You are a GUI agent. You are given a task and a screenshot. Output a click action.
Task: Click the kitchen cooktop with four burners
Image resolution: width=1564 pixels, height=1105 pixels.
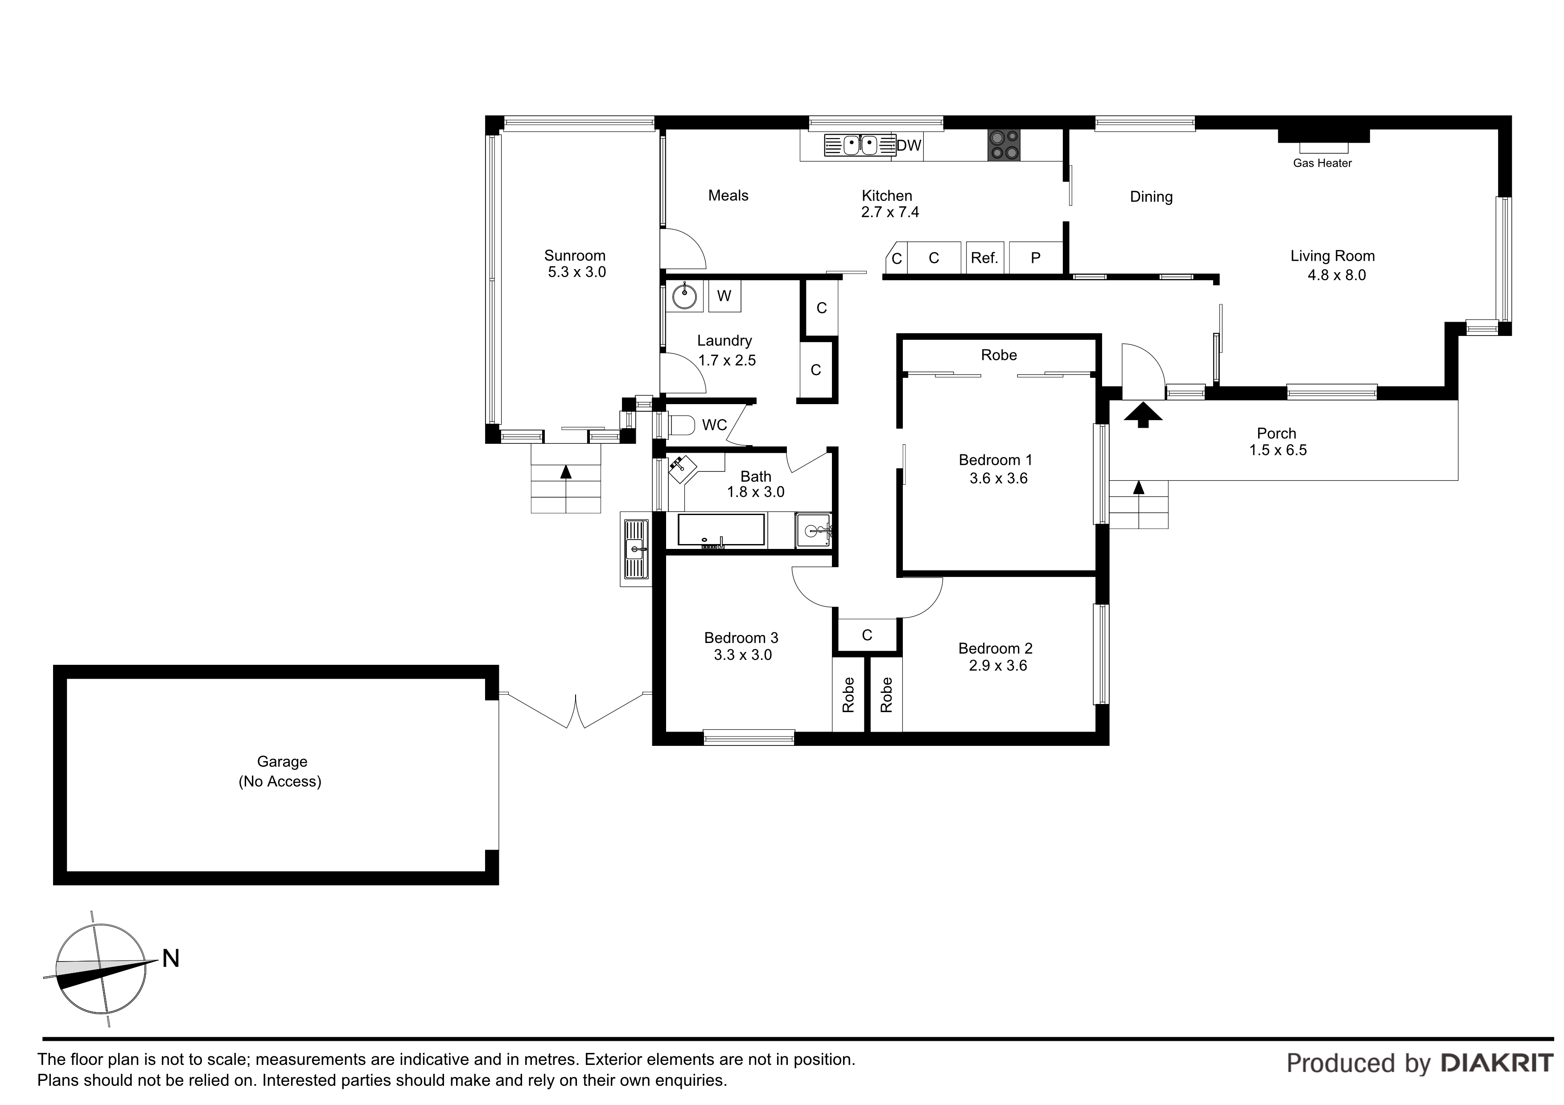(x=1004, y=146)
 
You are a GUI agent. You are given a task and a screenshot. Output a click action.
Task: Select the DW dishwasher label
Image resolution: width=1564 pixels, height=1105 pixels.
(x=909, y=145)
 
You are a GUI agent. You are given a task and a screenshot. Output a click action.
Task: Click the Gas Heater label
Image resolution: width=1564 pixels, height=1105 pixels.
(x=1322, y=164)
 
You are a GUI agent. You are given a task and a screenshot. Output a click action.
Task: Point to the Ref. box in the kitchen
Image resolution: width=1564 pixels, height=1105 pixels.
(x=984, y=258)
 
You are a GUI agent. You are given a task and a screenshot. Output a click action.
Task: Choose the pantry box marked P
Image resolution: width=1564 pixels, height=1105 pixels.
(x=1035, y=258)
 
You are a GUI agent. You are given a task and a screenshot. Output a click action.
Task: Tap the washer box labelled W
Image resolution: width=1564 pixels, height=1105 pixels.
(x=724, y=296)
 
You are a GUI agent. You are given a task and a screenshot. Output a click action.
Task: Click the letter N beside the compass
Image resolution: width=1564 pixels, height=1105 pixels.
(x=170, y=958)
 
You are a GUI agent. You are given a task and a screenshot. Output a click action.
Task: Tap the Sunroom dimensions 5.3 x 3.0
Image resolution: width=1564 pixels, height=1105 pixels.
(x=576, y=272)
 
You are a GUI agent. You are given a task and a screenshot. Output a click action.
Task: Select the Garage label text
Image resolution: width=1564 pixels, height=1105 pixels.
(x=282, y=762)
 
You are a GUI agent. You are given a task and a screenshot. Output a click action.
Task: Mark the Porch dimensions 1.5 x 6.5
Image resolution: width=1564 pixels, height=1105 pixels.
(x=1278, y=450)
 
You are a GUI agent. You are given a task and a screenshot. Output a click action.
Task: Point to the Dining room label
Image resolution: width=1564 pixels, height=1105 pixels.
(x=1151, y=197)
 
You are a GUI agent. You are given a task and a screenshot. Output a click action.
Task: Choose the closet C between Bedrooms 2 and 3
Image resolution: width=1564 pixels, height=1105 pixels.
(x=867, y=635)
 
